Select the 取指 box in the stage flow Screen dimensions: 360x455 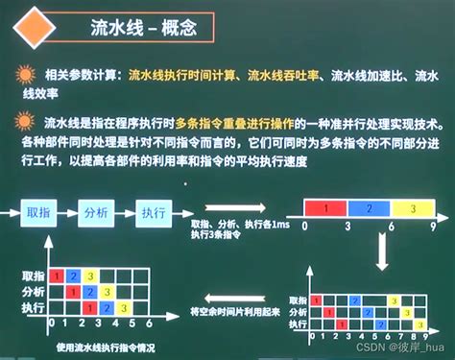coord(39,213)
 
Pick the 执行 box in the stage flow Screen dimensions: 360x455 coord(155,213)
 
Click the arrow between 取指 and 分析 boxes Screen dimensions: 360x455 coord(69,213)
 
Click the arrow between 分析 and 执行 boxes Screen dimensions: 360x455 coord(128,213)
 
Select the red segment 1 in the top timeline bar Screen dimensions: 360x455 coord(327,207)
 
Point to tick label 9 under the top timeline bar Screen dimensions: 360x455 coord(434,228)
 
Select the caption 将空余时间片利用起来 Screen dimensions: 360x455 coord(237,312)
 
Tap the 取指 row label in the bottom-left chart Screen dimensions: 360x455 coord(35,274)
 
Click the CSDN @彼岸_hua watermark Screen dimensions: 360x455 coord(403,349)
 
